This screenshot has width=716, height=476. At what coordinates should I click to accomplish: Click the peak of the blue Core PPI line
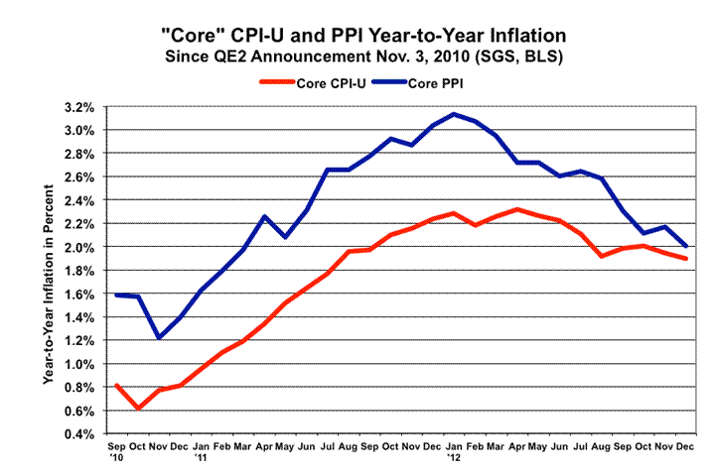(454, 114)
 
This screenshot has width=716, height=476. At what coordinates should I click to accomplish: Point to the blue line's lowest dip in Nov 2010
(159, 338)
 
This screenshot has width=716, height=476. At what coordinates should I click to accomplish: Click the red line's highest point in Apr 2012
(516, 209)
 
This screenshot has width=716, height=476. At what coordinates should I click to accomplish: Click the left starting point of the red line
(117, 385)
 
